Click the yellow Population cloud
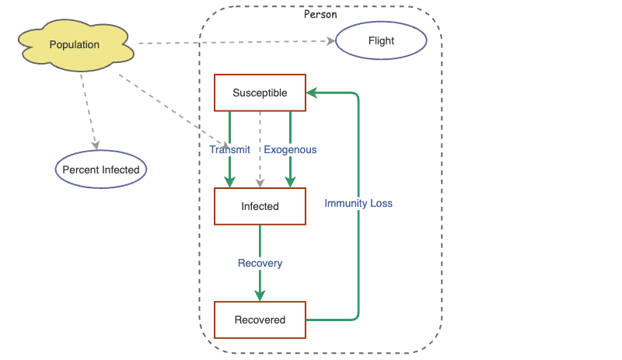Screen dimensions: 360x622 pyautogui.click(x=75, y=46)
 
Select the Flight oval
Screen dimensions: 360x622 pyautogui.click(x=381, y=41)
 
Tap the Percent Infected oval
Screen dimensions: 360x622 pyautogui.click(x=101, y=170)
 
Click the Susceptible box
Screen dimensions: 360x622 pyautogui.click(x=260, y=93)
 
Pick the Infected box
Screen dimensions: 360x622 pyautogui.click(x=260, y=207)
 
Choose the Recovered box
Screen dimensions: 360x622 pyautogui.click(x=260, y=320)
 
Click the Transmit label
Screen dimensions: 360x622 pyautogui.click(x=229, y=149)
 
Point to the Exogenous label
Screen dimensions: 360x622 pyautogui.click(x=290, y=149)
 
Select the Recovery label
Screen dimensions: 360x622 pyautogui.click(x=260, y=263)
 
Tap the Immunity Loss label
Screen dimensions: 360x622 pyautogui.click(x=358, y=203)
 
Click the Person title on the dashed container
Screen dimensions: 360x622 pyautogui.click(x=320, y=15)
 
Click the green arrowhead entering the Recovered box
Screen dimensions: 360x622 pyautogui.click(x=260, y=295)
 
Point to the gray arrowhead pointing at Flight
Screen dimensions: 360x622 pyautogui.click(x=330, y=43)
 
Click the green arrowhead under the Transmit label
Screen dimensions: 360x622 pyautogui.click(x=229, y=182)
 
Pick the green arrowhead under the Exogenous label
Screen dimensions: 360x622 pyautogui.click(x=290, y=182)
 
